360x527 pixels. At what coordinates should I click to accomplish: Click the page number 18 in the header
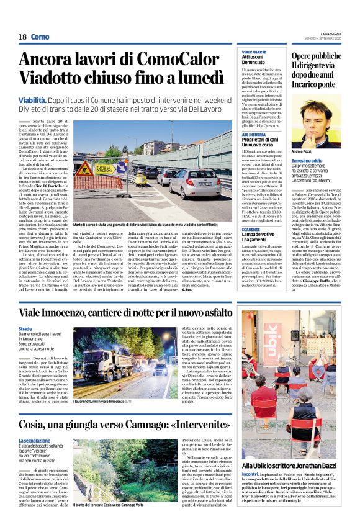(x=22, y=37)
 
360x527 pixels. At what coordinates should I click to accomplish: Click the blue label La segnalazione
(x=34, y=441)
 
